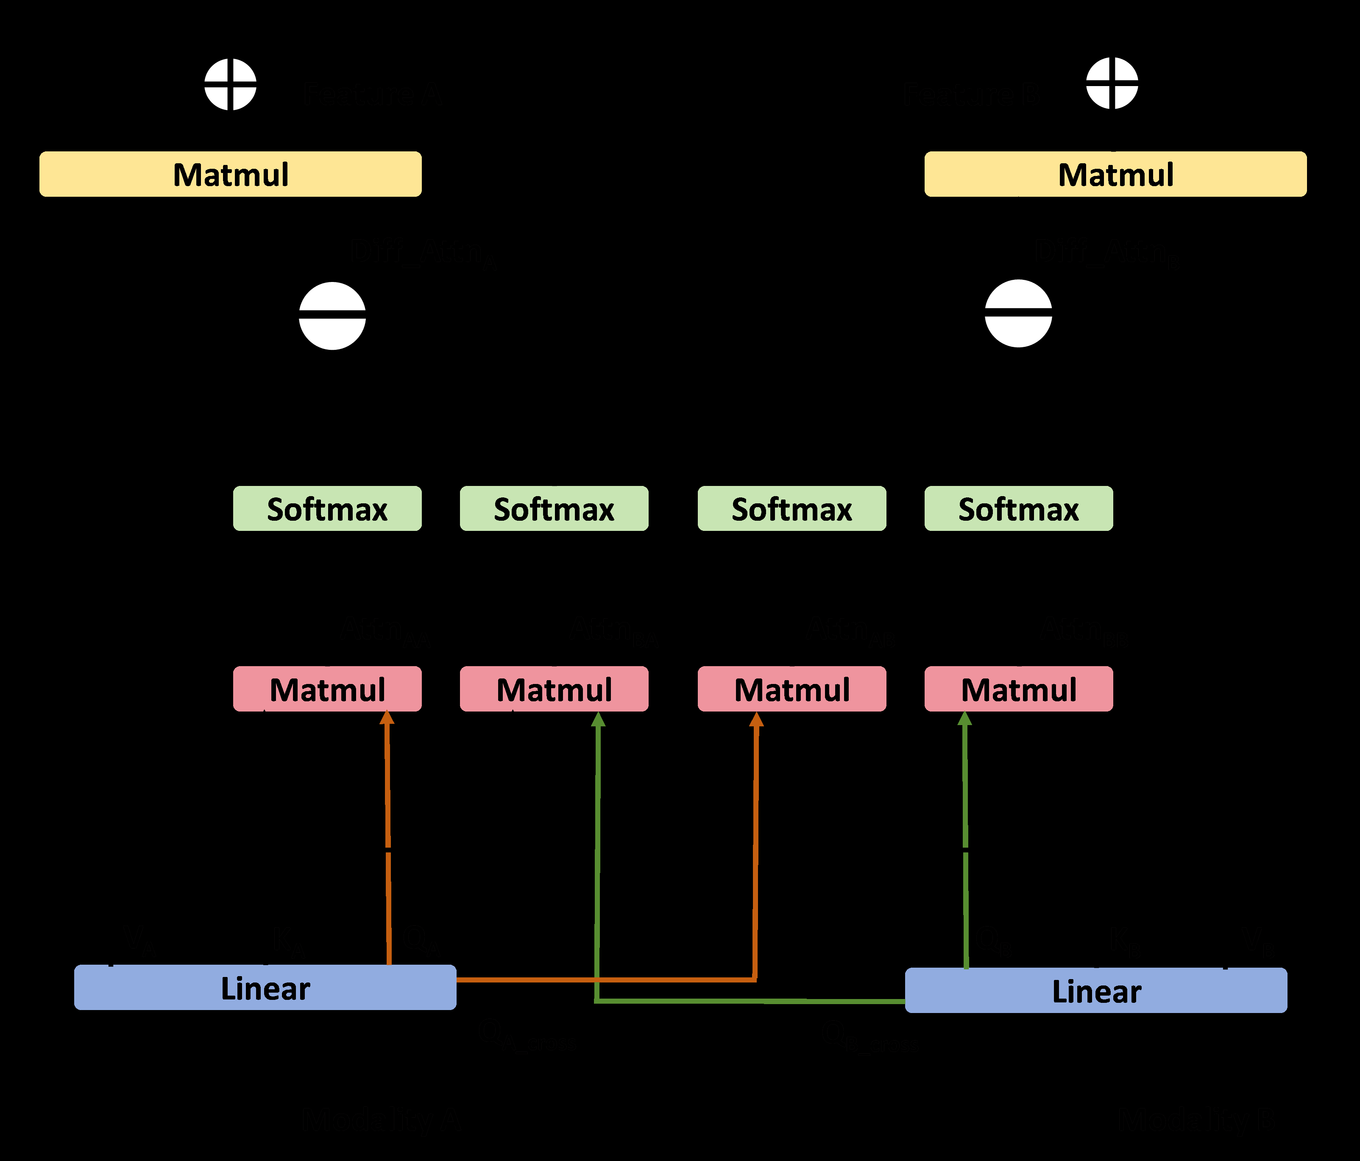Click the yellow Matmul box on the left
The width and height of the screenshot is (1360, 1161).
click(x=230, y=174)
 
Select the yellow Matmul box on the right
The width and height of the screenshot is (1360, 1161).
click(x=1115, y=174)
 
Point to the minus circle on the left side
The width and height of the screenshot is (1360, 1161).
click(x=332, y=316)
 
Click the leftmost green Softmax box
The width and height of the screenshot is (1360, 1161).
click(x=327, y=508)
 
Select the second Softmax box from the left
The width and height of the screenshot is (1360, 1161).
click(x=554, y=508)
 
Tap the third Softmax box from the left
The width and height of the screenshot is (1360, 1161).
click(x=791, y=508)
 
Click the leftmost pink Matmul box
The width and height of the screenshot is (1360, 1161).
click(x=327, y=689)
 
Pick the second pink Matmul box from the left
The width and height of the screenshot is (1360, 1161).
click(x=554, y=689)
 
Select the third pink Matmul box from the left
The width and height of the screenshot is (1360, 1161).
click(x=791, y=689)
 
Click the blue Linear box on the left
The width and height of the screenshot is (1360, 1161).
click(x=265, y=987)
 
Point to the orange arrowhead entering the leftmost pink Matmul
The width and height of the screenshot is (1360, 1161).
click(x=387, y=718)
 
